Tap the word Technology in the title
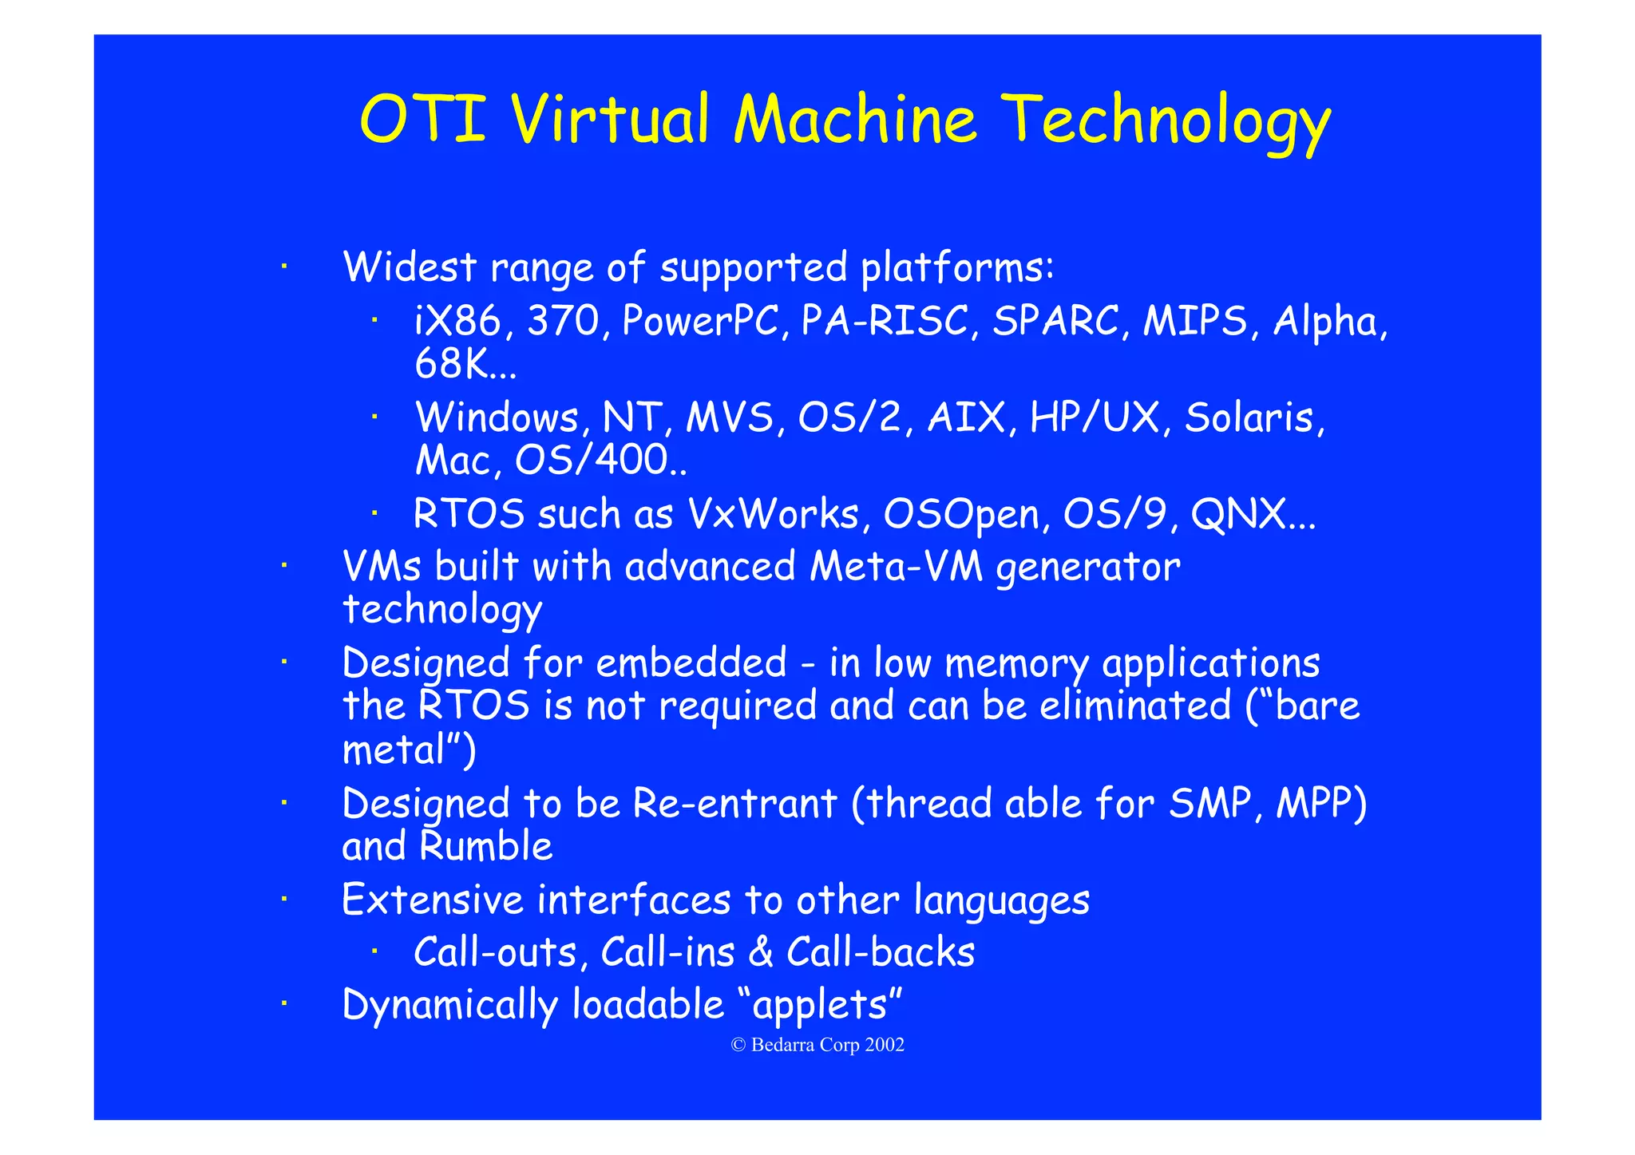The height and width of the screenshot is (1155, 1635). coord(1165,121)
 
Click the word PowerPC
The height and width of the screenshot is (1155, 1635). coord(699,321)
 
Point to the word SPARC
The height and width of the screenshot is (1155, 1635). coord(1055,321)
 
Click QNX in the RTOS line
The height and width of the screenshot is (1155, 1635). coord(1237,514)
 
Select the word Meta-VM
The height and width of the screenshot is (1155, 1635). coord(896,567)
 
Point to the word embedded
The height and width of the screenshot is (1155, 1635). coord(691,663)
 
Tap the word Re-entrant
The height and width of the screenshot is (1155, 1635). coord(734,804)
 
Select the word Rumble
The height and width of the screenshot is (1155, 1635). coord(486,847)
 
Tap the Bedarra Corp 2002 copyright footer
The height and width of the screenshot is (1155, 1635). coord(817,1045)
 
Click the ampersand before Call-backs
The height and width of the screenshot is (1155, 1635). coord(761,952)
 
